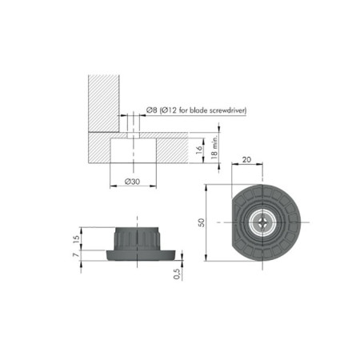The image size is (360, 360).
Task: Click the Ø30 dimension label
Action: [133, 182]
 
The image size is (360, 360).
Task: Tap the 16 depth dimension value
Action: [199, 150]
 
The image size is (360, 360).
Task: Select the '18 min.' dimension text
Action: [214, 146]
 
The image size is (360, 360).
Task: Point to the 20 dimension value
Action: [246, 159]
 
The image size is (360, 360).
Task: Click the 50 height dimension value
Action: [202, 222]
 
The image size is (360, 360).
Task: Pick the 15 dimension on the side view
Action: [76, 238]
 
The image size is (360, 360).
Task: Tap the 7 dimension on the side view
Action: [76, 255]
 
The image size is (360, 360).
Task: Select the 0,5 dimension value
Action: [178, 274]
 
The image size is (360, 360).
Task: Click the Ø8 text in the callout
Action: [151, 110]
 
